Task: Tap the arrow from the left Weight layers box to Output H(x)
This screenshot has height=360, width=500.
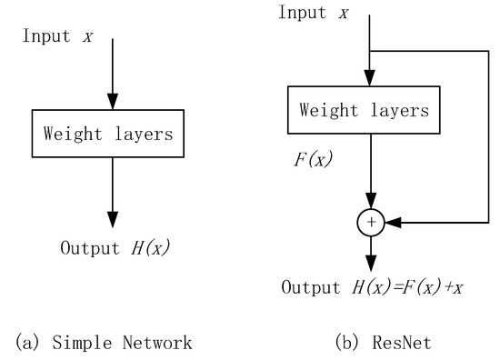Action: [x=112, y=191]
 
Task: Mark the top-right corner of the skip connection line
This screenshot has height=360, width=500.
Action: [x=487, y=51]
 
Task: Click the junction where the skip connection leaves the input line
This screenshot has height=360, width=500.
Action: [x=369, y=51]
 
